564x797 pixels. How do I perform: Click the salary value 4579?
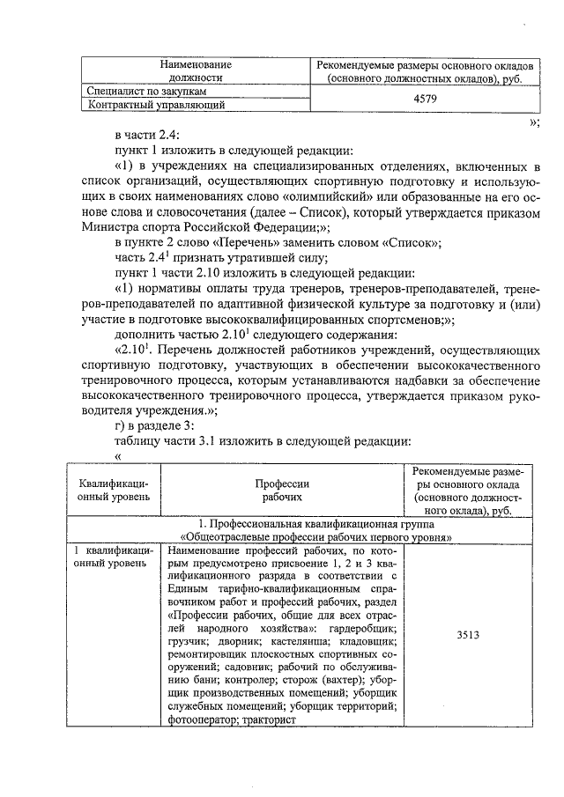(426, 99)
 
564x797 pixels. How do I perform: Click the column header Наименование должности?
(195, 71)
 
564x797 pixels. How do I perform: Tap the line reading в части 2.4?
(146, 136)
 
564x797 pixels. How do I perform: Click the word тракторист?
(265, 720)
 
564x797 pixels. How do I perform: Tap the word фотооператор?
(198, 720)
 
